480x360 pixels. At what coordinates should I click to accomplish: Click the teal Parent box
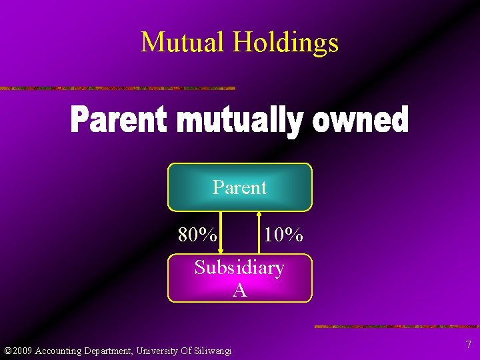point(239,187)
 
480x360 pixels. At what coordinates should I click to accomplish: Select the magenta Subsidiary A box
point(239,279)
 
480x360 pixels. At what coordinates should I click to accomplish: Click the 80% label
point(197,235)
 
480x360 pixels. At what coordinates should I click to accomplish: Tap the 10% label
point(283,235)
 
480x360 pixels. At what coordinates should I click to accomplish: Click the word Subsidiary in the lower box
point(239,268)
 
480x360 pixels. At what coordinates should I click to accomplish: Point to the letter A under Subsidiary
point(239,290)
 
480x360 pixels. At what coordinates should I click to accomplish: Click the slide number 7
point(469,345)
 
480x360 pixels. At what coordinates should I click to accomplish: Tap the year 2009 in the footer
point(22,351)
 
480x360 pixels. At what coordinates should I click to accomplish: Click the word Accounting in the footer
point(59,351)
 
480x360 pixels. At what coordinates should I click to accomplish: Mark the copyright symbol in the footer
point(7,351)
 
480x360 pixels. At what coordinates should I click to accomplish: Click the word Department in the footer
point(110,351)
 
